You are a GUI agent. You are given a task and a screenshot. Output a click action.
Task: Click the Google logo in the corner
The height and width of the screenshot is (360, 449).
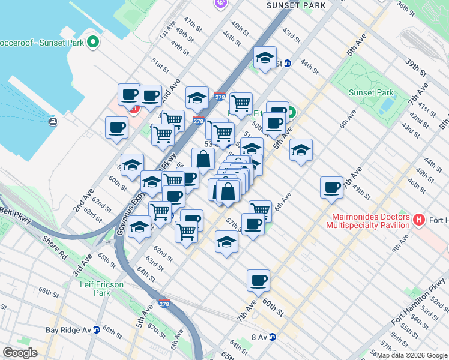pyautogui.click(x=20, y=353)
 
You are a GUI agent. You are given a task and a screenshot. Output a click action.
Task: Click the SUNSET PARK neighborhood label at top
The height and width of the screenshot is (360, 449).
pyautogui.click(x=296, y=5)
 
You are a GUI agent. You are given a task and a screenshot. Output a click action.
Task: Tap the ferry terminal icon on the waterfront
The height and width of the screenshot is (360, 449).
pyautogui.click(x=53, y=122)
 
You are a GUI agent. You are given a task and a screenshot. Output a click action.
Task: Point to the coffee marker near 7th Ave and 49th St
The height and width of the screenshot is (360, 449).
pyautogui.click(x=331, y=187)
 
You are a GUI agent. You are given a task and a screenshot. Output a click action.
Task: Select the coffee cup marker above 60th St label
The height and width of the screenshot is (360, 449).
pyautogui.click(x=258, y=280)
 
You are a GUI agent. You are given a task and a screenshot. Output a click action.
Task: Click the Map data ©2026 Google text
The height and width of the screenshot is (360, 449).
pyautogui.click(x=412, y=355)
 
